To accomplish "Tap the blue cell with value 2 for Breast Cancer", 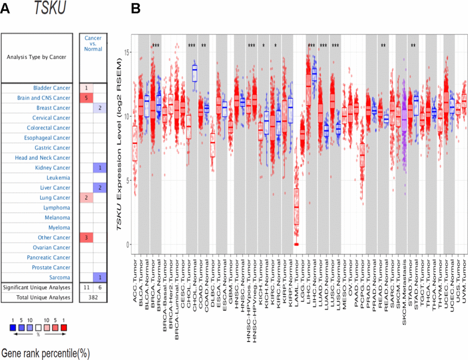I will click(x=100, y=108).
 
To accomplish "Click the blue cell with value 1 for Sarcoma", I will click(x=100, y=277).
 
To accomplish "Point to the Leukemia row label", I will click(x=58, y=178).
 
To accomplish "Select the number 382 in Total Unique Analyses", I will click(x=93, y=298).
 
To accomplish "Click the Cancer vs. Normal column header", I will click(x=93, y=44).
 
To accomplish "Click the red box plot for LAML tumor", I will click(x=296, y=207).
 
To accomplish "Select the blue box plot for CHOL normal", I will click(x=195, y=73).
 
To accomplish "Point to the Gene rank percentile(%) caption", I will click(x=45, y=353).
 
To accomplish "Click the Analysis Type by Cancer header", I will click(x=36, y=57).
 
